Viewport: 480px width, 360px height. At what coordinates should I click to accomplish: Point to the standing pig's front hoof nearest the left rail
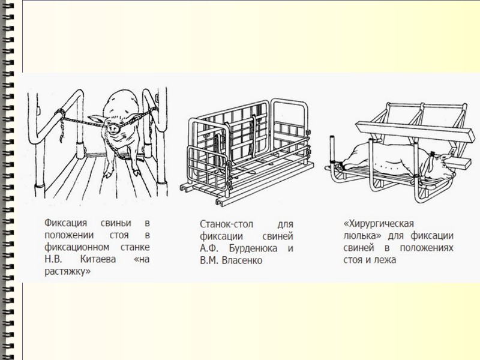(107, 174)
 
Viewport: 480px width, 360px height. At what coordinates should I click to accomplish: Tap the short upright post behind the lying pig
(331, 150)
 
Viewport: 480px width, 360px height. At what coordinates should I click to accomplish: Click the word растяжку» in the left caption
(67, 271)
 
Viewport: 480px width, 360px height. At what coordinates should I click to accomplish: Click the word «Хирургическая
(377, 225)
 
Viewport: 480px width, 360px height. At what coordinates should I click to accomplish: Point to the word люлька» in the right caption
(358, 236)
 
